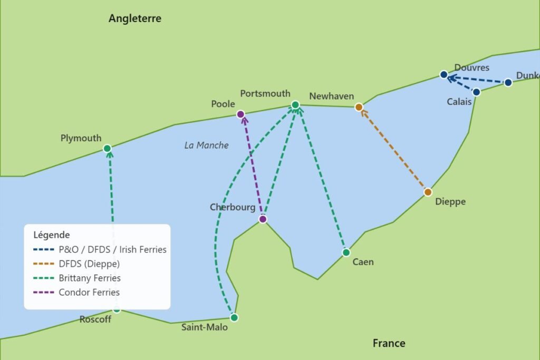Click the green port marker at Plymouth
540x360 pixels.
(x=108, y=149)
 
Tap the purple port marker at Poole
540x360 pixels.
(x=240, y=114)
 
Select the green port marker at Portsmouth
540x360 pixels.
(x=295, y=105)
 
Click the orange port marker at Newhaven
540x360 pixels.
(x=359, y=107)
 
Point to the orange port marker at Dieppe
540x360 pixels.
(x=428, y=192)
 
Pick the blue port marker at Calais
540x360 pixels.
(x=476, y=92)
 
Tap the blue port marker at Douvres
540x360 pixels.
(x=444, y=74)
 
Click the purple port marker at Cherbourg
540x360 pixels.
(x=263, y=219)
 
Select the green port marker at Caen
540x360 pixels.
(x=346, y=252)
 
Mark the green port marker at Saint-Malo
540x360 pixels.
(x=234, y=317)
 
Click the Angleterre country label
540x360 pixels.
(x=135, y=19)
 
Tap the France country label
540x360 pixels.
(x=389, y=343)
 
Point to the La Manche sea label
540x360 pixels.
(x=206, y=145)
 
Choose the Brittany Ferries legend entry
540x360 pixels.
(x=90, y=278)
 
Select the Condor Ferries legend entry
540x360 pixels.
(x=89, y=292)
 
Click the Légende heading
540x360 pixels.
(x=51, y=235)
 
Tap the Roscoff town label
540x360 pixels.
(x=95, y=319)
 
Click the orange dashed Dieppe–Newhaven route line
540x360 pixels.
(x=393, y=150)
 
